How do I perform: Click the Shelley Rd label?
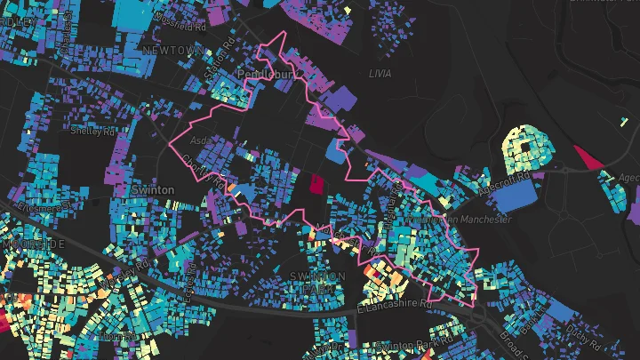pyautogui.click(x=92, y=134)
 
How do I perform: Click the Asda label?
pyautogui.click(x=202, y=140)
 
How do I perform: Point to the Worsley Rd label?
pyautogui.click(x=119, y=277)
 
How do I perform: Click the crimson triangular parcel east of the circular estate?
pyautogui.click(x=587, y=158)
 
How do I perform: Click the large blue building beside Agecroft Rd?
pyautogui.click(x=515, y=196)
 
